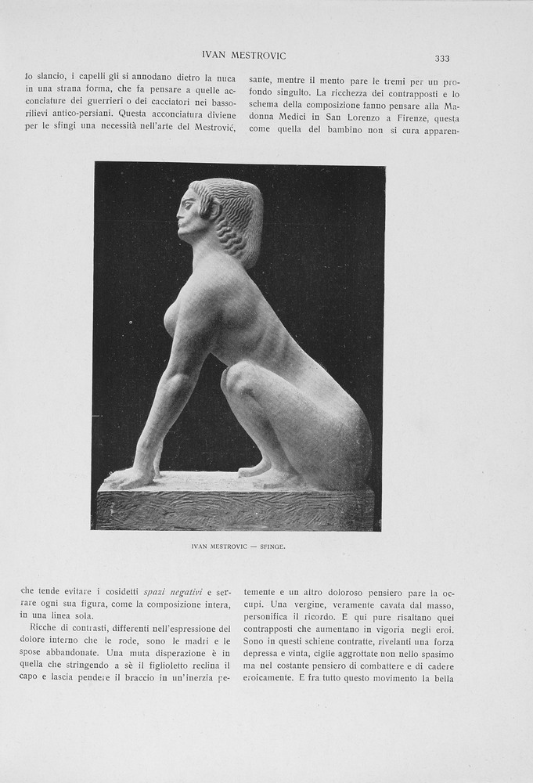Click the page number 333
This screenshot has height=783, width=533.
tap(442, 59)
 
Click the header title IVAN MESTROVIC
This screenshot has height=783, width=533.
tap(243, 56)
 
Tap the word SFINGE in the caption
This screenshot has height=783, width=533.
tap(272, 547)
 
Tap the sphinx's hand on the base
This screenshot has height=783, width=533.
tap(127, 477)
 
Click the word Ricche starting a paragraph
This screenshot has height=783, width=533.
tap(45, 628)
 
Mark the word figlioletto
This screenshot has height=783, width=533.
tap(195, 666)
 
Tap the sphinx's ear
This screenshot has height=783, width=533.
tap(208, 207)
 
